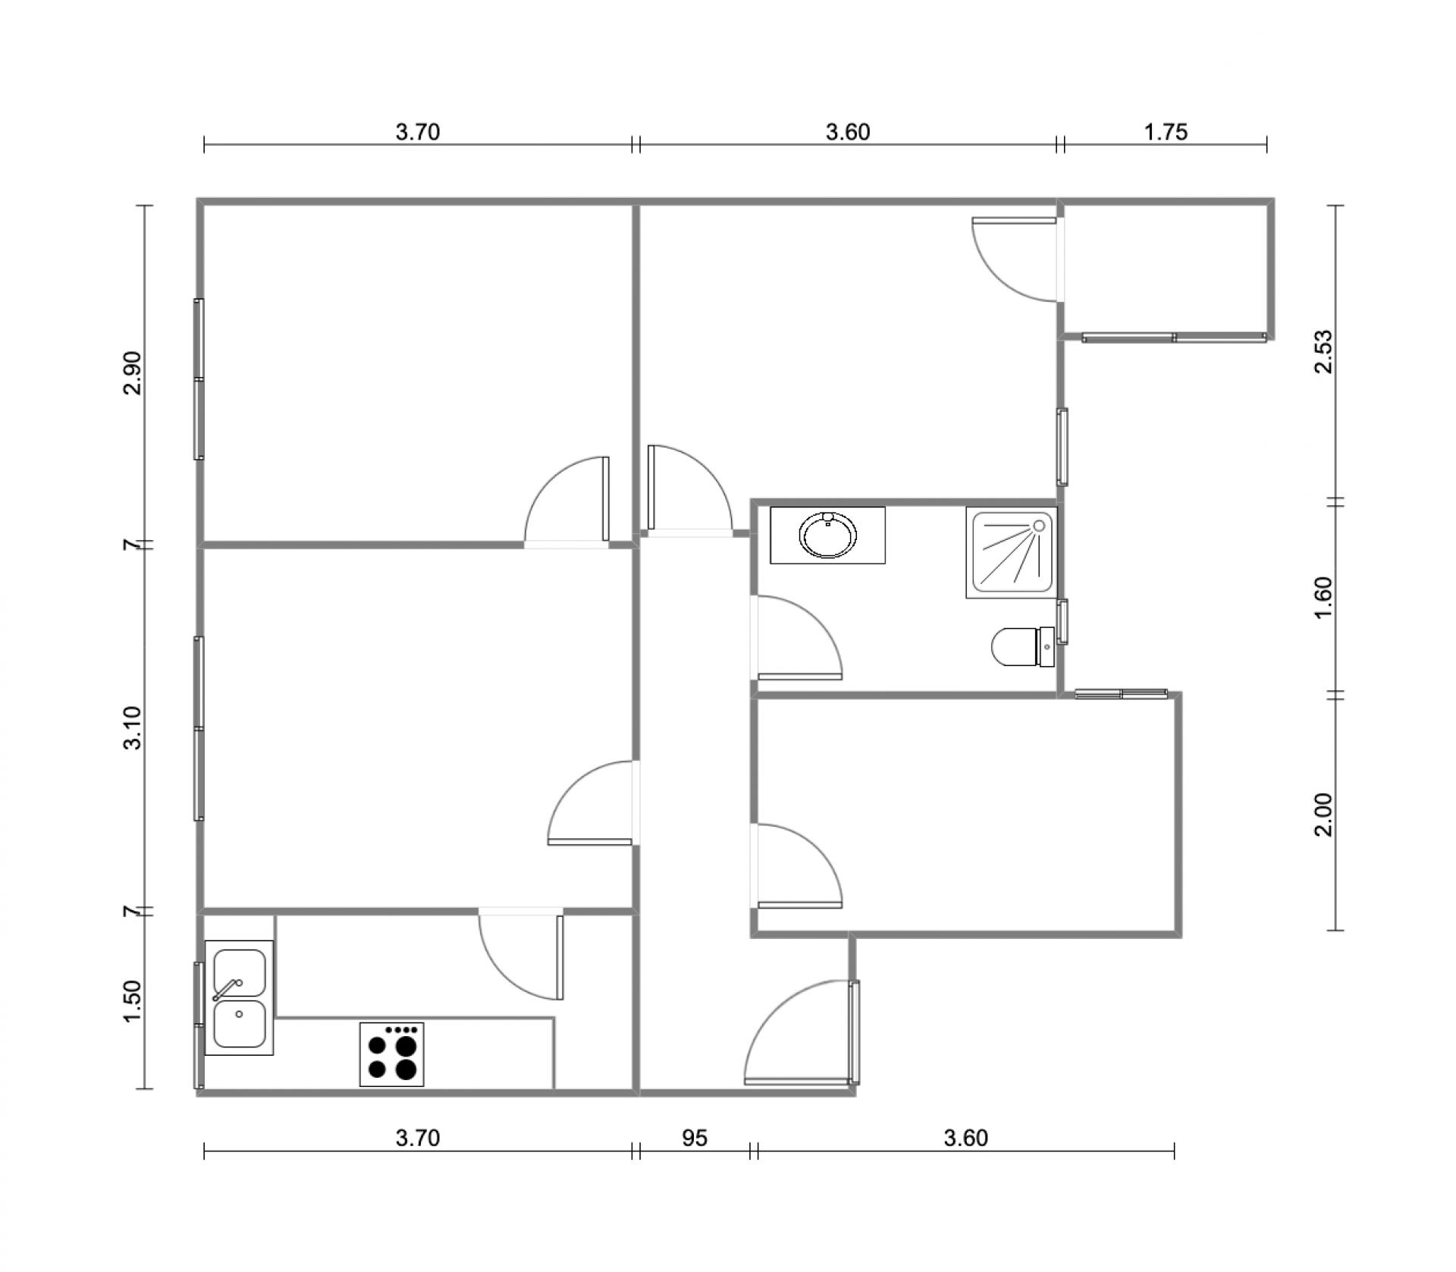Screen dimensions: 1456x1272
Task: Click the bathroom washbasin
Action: pyautogui.click(x=827, y=535)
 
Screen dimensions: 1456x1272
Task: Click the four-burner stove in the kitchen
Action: pyautogui.click(x=391, y=1054)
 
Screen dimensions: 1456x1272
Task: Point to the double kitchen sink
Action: pyautogui.click(x=239, y=997)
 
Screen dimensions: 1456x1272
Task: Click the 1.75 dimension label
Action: pyautogui.click(x=1166, y=132)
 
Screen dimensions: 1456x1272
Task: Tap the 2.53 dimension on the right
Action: pyautogui.click(x=1323, y=352)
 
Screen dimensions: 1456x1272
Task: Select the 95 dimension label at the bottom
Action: pyautogui.click(x=695, y=1138)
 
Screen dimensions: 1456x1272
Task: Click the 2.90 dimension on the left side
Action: pyautogui.click(x=132, y=372)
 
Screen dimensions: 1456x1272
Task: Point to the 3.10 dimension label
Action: pyautogui.click(x=132, y=727)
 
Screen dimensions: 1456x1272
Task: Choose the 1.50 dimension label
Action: pyautogui.click(x=132, y=1001)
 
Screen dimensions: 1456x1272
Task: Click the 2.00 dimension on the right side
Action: pyautogui.click(x=1323, y=815)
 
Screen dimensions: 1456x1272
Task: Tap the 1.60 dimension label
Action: pyautogui.click(x=1323, y=598)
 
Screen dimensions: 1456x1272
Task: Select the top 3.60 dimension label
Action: pyautogui.click(x=848, y=132)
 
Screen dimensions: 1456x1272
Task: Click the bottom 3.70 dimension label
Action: pyautogui.click(x=418, y=1138)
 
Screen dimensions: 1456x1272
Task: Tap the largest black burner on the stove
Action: pyautogui.click(x=406, y=1047)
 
